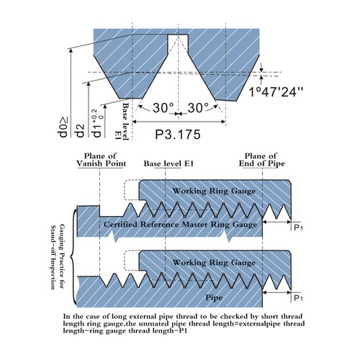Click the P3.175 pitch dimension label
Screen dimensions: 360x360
pos(178,135)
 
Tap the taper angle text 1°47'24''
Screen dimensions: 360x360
pos(276,91)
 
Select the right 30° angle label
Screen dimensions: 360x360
pos(198,108)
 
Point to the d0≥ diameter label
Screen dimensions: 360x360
pos(63,127)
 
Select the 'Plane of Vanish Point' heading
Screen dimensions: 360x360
pos(101,160)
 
